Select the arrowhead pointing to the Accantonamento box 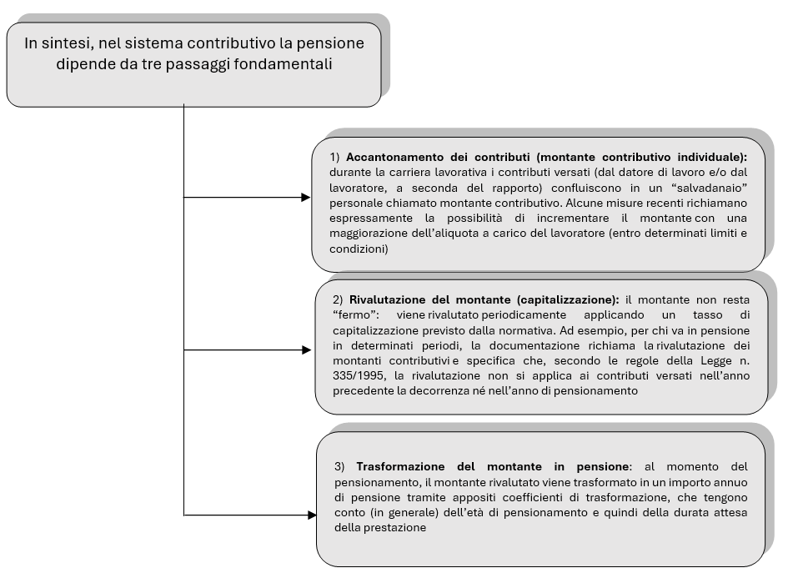coord(305,198)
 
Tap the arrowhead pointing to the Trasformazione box coord(311,515)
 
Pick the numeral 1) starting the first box coord(334,157)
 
